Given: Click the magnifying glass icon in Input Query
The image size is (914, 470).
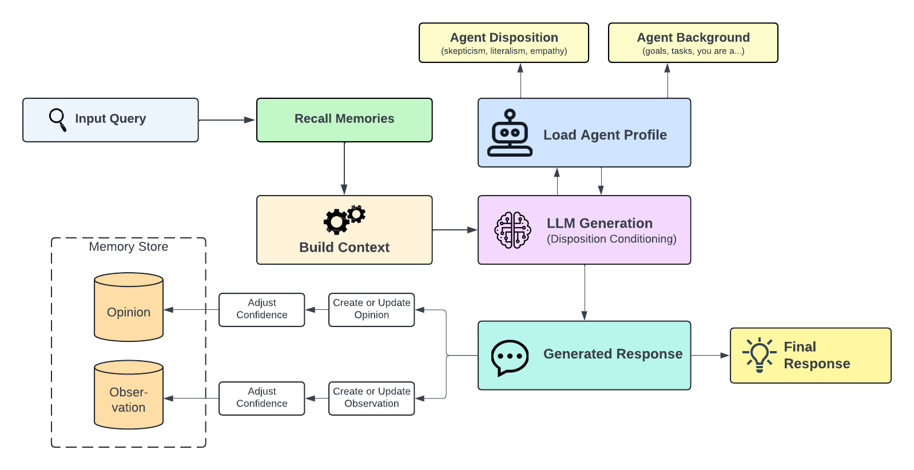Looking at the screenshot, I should (x=57, y=120).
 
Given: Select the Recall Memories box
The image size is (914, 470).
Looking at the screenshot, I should (x=344, y=120).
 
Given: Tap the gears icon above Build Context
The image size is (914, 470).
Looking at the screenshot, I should (x=344, y=220).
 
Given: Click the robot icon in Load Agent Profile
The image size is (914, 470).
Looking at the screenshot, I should (x=510, y=134).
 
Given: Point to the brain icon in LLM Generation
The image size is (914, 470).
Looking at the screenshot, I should (x=512, y=230).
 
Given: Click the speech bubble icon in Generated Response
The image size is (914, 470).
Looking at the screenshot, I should (x=509, y=357).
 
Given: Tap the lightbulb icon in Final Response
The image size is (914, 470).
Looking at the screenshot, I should (x=759, y=355).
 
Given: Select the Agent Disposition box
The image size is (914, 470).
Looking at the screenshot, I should (x=503, y=43).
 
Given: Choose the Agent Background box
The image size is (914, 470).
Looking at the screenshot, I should (x=693, y=43).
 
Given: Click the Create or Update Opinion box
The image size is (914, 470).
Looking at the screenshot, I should (x=371, y=309).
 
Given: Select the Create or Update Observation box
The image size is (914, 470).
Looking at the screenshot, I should (x=371, y=398).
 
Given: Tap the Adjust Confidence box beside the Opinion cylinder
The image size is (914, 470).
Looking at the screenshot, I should (x=261, y=309).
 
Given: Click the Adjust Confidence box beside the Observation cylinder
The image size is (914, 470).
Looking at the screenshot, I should (x=261, y=398).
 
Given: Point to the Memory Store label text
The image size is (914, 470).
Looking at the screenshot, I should (x=129, y=246).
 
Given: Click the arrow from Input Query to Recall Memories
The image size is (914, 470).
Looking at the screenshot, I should (x=226, y=120).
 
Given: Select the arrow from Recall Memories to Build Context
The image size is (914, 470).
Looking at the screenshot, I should (x=344, y=168).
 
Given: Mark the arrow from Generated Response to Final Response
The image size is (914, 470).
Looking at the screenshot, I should (x=710, y=355).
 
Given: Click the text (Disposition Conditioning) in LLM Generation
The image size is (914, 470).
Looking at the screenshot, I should (x=611, y=239).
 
